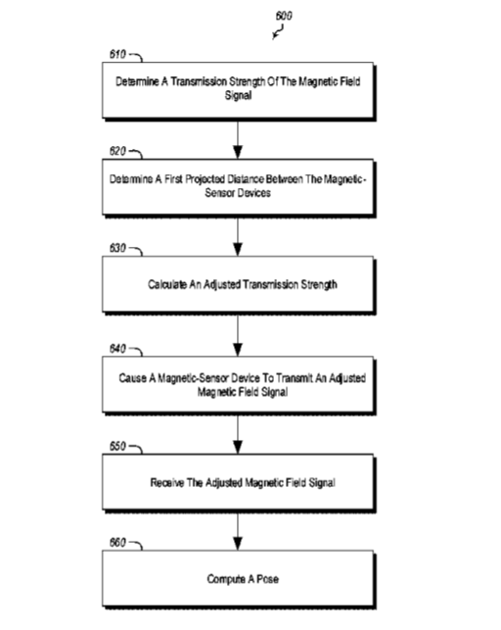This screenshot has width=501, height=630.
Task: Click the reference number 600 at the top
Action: point(284,16)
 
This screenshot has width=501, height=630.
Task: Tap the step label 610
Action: point(117,54)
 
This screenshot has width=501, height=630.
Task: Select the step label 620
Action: point(117,151)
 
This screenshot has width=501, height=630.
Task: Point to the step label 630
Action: point(117,248)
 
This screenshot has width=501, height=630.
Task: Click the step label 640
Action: point(117,349)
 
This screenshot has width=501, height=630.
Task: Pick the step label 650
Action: point(117,446)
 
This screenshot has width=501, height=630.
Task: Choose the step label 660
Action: point(117,543)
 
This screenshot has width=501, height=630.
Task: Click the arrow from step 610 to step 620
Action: point(238,140)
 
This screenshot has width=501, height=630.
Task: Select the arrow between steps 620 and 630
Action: point(238,237)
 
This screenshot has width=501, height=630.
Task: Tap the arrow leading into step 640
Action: point(238,335)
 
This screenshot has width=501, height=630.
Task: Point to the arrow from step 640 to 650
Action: point(238,434)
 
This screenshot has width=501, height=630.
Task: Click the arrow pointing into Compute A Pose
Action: point(238,532)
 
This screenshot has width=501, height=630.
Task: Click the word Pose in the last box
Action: point(267,579)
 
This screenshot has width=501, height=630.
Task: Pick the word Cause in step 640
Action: point(132,378)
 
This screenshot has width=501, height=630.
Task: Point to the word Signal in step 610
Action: point(238,95)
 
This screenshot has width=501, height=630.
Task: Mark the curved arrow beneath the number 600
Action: point(278,31)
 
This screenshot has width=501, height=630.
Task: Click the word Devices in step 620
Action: point(254,193)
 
